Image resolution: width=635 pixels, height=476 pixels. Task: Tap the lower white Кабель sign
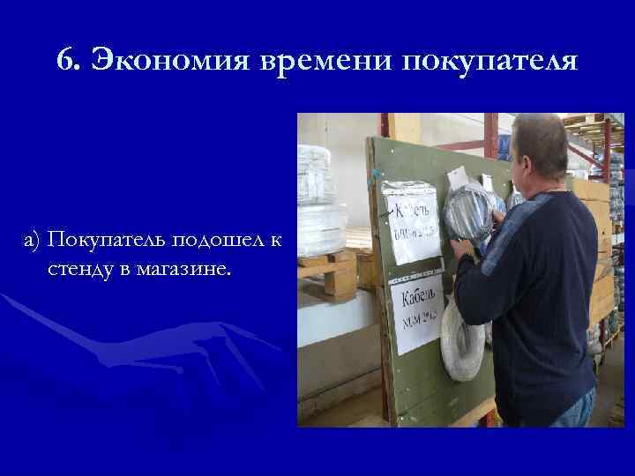click(422, 308)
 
